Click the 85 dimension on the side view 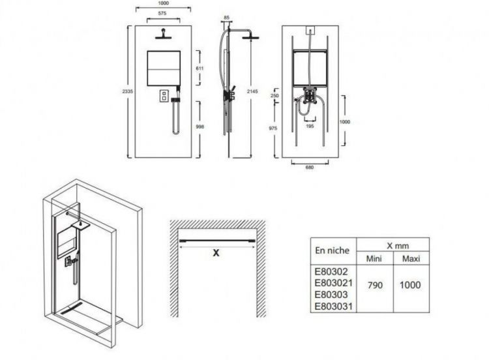click(x=226, y=18)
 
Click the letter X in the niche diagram click(x=215, y=254)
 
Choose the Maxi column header click(x=411, y=259)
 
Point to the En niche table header click(x=332, y=250)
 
